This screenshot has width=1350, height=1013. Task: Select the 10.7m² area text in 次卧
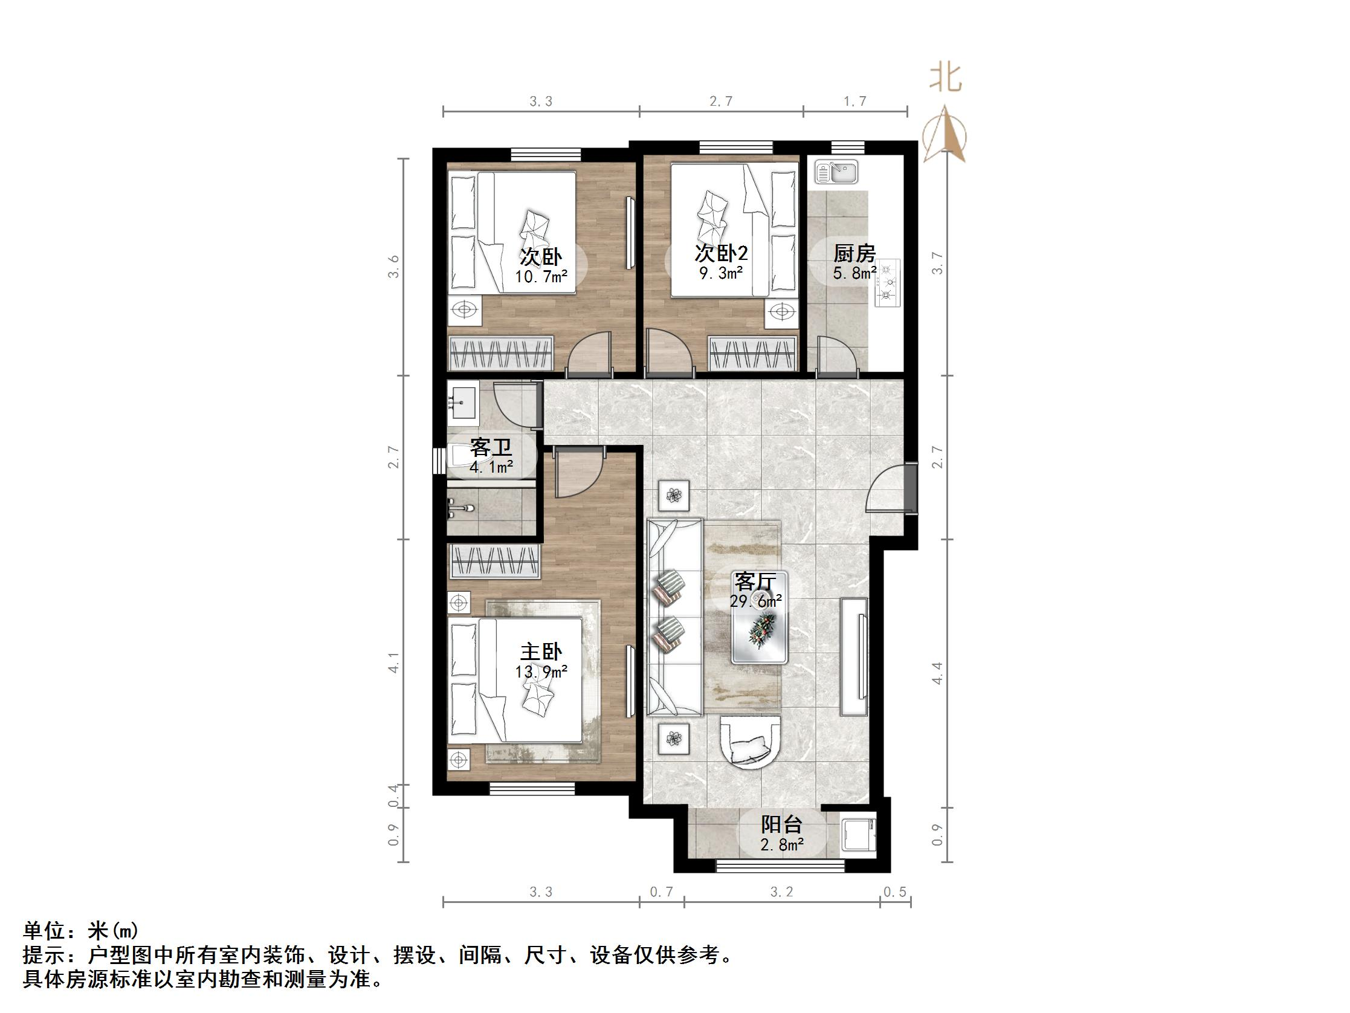(x=541, y=277)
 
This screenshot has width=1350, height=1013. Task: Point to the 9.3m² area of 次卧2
(x=721, y=273)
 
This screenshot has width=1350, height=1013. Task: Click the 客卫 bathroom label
(x=491, y=448)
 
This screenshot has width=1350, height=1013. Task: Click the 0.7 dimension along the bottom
(x=661, y=892)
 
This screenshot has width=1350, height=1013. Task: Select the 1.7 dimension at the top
(x=855, y=102)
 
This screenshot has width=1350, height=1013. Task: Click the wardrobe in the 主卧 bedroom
(x=495, y=562)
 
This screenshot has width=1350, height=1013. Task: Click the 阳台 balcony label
(x=781, y=825)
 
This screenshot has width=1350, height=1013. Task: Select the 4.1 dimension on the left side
(x=394, y=663)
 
